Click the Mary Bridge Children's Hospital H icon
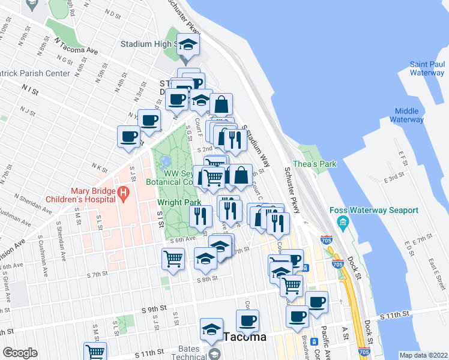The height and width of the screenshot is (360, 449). (x=123, y=193)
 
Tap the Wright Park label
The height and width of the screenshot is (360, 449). (x=179, y=203)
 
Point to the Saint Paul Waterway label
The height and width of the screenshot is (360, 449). (x=427, y=68)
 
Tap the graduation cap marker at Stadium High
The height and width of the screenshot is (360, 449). (x=189, y=45)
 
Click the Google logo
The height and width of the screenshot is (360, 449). (x=20, y=353)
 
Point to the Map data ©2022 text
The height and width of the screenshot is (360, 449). (x=423, y=355)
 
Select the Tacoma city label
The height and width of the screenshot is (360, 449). (x=244, y=337)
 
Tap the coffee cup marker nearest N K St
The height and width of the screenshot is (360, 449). (x=128, y=137)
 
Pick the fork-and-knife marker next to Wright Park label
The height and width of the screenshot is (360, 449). (x=201, y=215)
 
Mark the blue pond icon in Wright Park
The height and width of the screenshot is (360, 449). (x=164, y=161)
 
